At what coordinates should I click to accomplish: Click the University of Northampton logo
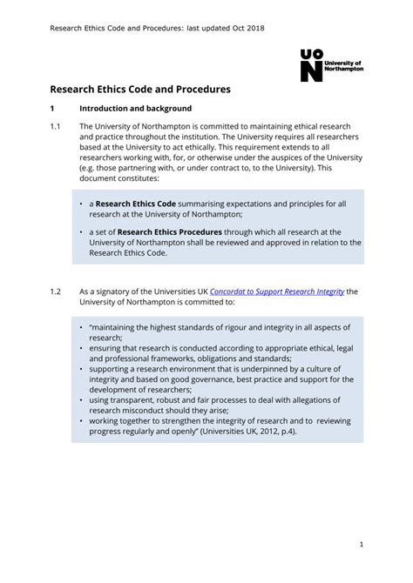[x=331, y=65]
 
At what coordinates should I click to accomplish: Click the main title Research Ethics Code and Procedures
[x=139, y=89]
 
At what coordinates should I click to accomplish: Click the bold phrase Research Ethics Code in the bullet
[x=135, y=204]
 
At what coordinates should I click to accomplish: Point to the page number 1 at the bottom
[x=360, y=545]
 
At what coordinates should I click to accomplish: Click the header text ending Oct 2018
[x=157, y=28]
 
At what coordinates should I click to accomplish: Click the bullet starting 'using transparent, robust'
[x=209, y=405]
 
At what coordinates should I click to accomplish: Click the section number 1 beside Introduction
[x=52, y=109]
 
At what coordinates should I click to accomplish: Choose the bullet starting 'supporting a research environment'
[x=213, y=379]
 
